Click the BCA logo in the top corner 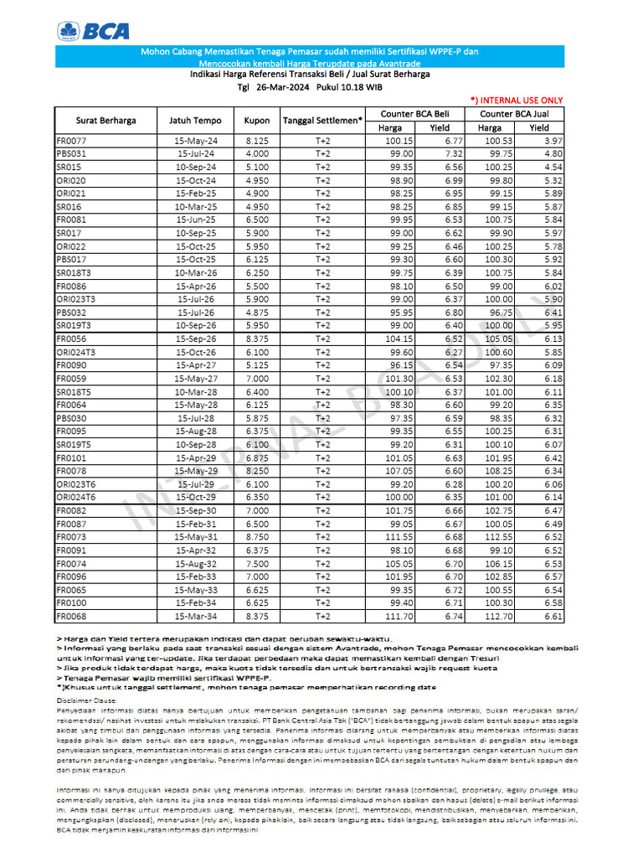pos(93,32)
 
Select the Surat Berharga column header pos(105,121)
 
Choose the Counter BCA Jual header pos(515,113)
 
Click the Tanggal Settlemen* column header pos(322,121)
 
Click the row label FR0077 pos(71,141)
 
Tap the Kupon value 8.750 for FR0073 pos(256,537)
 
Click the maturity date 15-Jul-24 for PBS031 pos(197,154)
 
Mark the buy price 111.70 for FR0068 pos(399,617)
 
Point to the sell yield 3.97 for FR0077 pos(552,141)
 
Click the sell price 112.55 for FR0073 pos(500,537)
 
